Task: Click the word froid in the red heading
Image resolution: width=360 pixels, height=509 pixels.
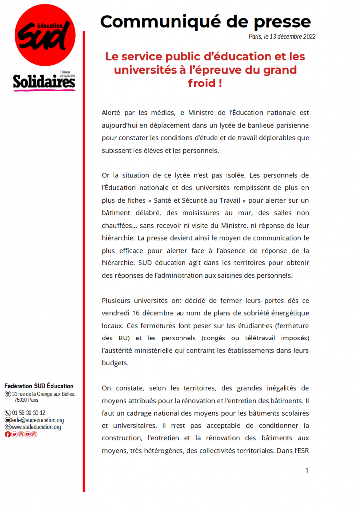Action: click(201, 83)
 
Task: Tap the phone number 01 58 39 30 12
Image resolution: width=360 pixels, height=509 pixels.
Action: click(28, 413)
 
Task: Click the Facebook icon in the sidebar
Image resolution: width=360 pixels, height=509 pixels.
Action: click(7, 434)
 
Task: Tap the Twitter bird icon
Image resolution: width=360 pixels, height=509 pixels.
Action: click(14, 434)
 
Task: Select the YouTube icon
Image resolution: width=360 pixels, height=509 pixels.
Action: click(28, 434)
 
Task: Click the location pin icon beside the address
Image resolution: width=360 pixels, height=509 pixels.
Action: click(7, 394)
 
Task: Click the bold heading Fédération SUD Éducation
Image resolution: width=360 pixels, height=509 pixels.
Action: click(39, 386)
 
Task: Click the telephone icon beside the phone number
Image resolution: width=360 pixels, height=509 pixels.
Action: click(7, 413)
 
